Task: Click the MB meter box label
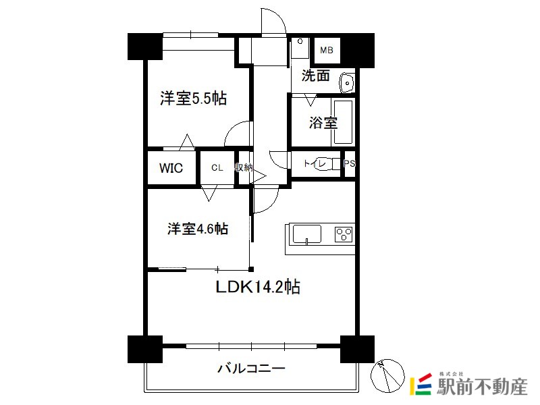tap(327, 50)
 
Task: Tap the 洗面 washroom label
tap(316, 76)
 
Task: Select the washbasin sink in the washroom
tap(347, 83)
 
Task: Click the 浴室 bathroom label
tap(323, 122)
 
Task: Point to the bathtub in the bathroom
tap(343, 122)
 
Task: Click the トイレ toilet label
tap(315, 163)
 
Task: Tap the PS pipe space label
tap(349, 163)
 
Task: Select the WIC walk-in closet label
tap(171, 168)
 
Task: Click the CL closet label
tap(217, 167)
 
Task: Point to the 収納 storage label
tap(244, 167)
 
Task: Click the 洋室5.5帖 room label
tap(193, 99)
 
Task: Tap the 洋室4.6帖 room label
tap(198, 229)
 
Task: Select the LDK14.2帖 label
tap(258, 286)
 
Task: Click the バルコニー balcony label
tap(252, 369)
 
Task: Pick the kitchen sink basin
tap(307, 234)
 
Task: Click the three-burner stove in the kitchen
tap(344, 234)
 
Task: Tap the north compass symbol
tap(387, 376)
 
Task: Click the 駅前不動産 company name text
tap(482, 386)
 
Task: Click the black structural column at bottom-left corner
tap(145, 349)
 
